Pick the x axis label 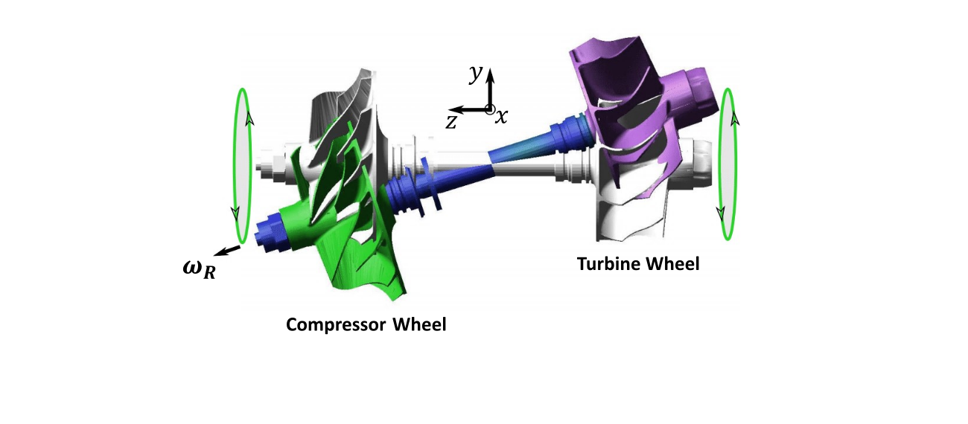pos(503,117)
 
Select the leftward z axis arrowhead pos(455,109)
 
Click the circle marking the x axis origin pos(490,109)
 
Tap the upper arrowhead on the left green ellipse pos(250,119)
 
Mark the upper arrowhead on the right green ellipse pos(733,118)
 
